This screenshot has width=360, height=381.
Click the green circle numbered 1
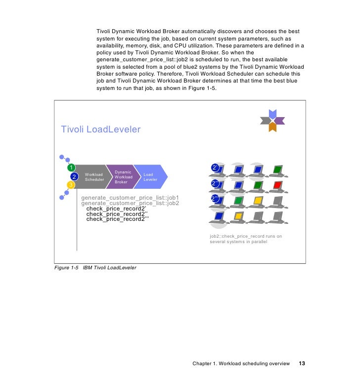click(x=71, y=167)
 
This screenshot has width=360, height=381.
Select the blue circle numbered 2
click(x=74, y=176)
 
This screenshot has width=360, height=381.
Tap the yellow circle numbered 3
click(x=71, y=185)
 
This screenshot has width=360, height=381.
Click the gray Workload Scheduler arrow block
click(x=93, y=177)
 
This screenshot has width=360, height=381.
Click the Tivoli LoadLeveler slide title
click(x=100, y=129)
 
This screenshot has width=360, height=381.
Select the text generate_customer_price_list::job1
click(x=130, y=198)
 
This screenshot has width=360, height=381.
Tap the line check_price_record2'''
click(x=117, y=219)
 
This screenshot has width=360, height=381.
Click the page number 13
click(x=302, y=364)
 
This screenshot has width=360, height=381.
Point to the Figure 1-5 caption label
click(x=67, y=267)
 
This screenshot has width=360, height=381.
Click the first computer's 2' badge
click(x=215, y=168)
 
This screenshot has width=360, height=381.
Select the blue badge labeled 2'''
click(x=215, y=199)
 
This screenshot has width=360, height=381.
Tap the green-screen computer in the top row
click(x=277, y=170)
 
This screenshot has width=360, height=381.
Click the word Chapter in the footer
click(x=203, y=364)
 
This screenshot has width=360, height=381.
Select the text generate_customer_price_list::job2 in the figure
click(x=130, y=203)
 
